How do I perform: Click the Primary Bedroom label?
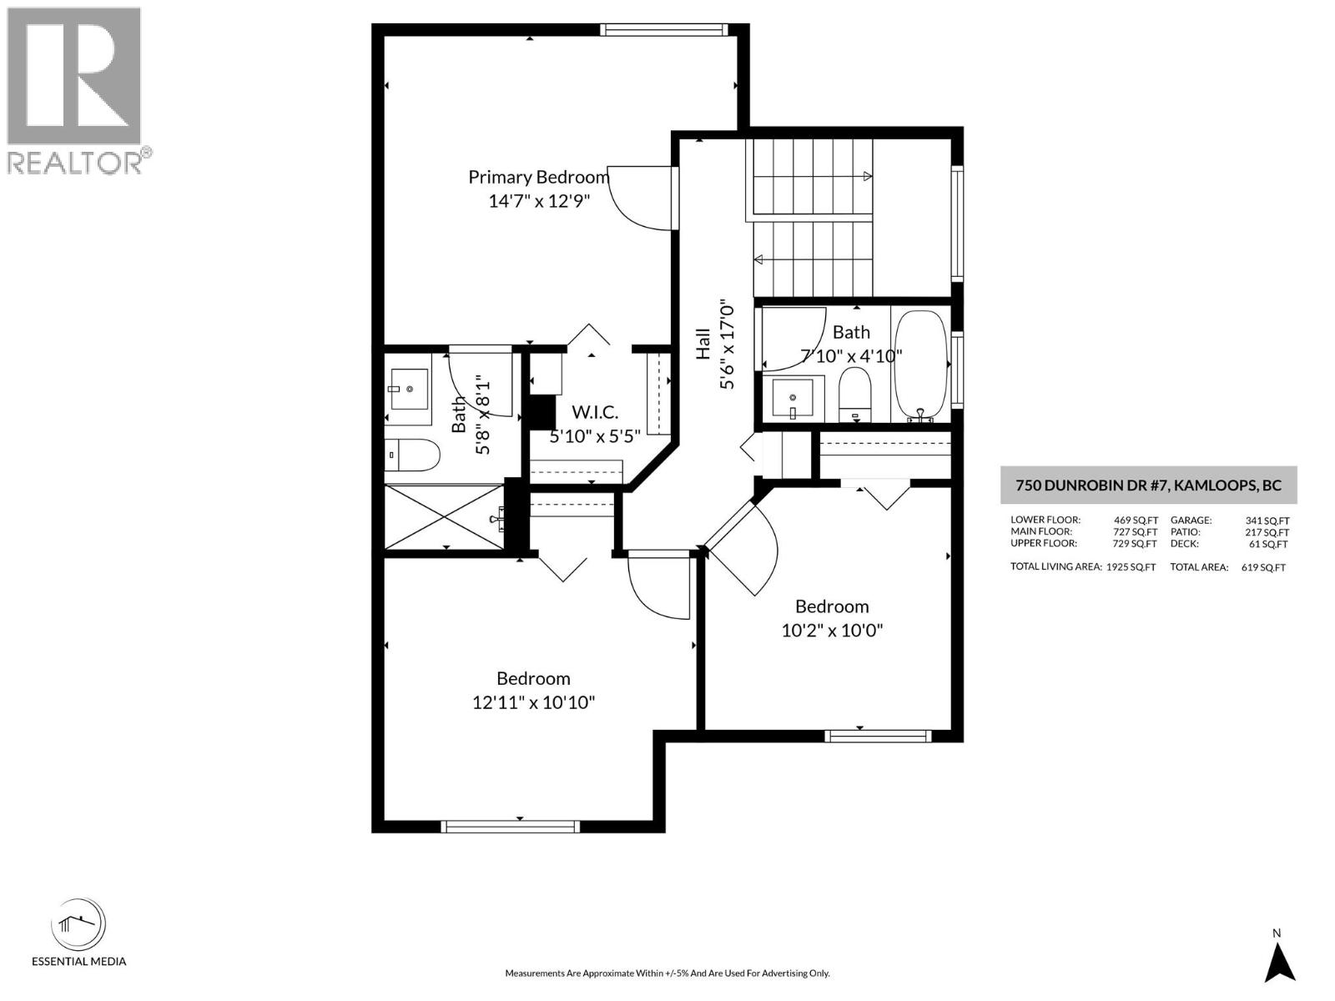click(x=538, y=177)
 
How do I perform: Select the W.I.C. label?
click(x=594, y=412)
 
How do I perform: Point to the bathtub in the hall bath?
click(x=920, y=365)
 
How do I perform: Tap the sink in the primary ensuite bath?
click(x=409, y=389)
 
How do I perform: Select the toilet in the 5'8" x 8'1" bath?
click(x=412, y=455)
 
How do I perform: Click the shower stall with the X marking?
click(x=443, y=518)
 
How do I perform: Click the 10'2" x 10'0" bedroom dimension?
click(x=831, y=630)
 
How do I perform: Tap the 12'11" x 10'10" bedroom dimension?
click(x=533, y=702)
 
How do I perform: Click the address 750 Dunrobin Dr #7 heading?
click(x=1148, y=485)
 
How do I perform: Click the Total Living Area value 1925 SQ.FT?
click(x=1131, y=567)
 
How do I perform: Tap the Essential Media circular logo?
click(x=78, y=925)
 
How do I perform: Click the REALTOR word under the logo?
click(x=75, y=163)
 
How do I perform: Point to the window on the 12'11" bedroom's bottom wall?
click(x=509, y=826)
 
